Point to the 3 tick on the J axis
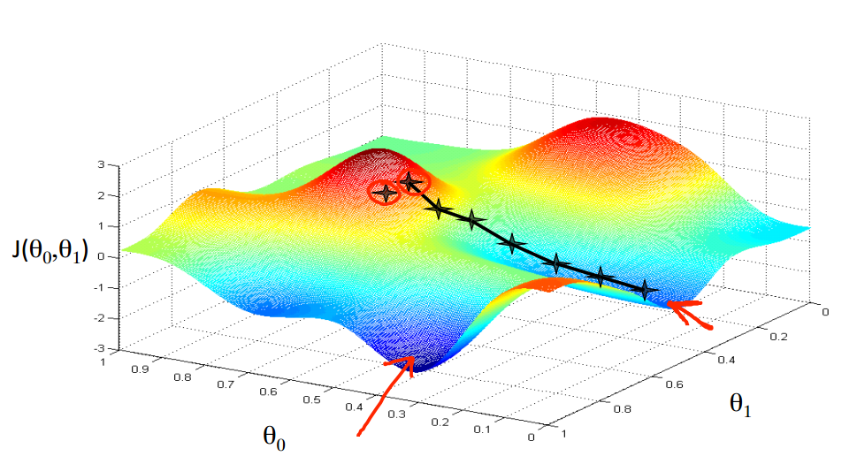point(102,165)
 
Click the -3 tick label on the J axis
point(99,348)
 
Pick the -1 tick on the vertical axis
point(99,287)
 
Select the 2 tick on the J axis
point(102,195)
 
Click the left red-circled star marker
point(384,193)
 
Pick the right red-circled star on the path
point(410,182)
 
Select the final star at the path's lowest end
point(646,289)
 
